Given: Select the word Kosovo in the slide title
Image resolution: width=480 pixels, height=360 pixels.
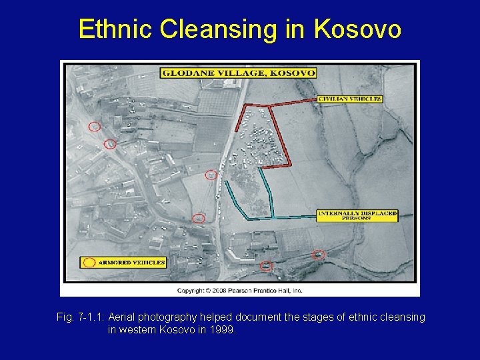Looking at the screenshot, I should pyautogui.click(x=357, y=29).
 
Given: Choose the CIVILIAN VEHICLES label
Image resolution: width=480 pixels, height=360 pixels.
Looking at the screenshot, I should pyautogui.click(x=350, y=99).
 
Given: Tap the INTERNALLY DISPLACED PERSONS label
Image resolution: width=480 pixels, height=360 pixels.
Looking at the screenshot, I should pyautogui.click(x=357, y=215).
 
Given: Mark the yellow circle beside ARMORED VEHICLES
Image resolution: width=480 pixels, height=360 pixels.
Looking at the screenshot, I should pyautogui.click(x=89, y=263).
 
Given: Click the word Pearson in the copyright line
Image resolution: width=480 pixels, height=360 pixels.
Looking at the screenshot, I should pyautogui.click(x=244, y=291).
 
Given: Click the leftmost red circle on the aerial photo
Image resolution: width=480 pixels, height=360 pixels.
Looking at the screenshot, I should pyautogui.click(x=95, y=127).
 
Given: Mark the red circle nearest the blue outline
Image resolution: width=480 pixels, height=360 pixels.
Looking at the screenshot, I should pyautogui.click(x=211, y=175).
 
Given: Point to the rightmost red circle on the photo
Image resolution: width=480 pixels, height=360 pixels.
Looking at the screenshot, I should pyautogui.click(x=318, y=254).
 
